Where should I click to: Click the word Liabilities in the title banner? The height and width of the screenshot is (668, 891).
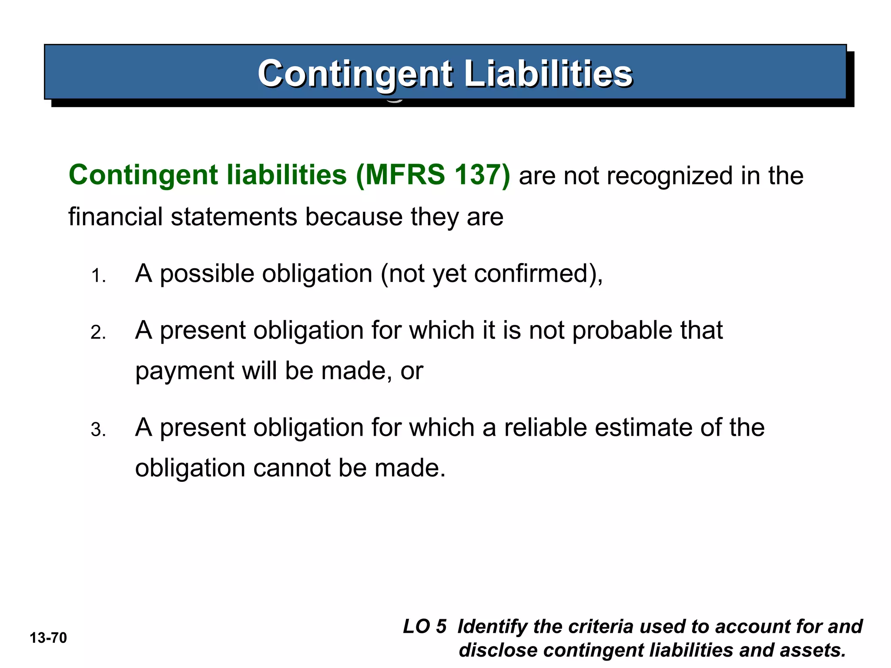(x=548, y=73)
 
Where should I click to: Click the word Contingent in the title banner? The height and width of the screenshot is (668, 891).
(x=355, y=73)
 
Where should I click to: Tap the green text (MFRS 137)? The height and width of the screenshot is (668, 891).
(x=433, y=175)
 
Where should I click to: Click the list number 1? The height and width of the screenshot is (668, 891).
(x=98, y=276)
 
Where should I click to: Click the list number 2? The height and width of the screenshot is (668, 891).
(x=98, y=333)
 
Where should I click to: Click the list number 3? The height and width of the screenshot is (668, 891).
(x=98, y=430)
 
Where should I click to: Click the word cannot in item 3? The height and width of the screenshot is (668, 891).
(x=292, y=468)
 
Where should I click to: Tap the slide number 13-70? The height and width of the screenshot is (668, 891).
(x=48, y=638)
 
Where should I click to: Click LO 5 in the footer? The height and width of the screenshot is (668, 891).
(x=425, y=627)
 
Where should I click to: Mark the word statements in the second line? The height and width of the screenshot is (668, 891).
(x=234, y=217)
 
